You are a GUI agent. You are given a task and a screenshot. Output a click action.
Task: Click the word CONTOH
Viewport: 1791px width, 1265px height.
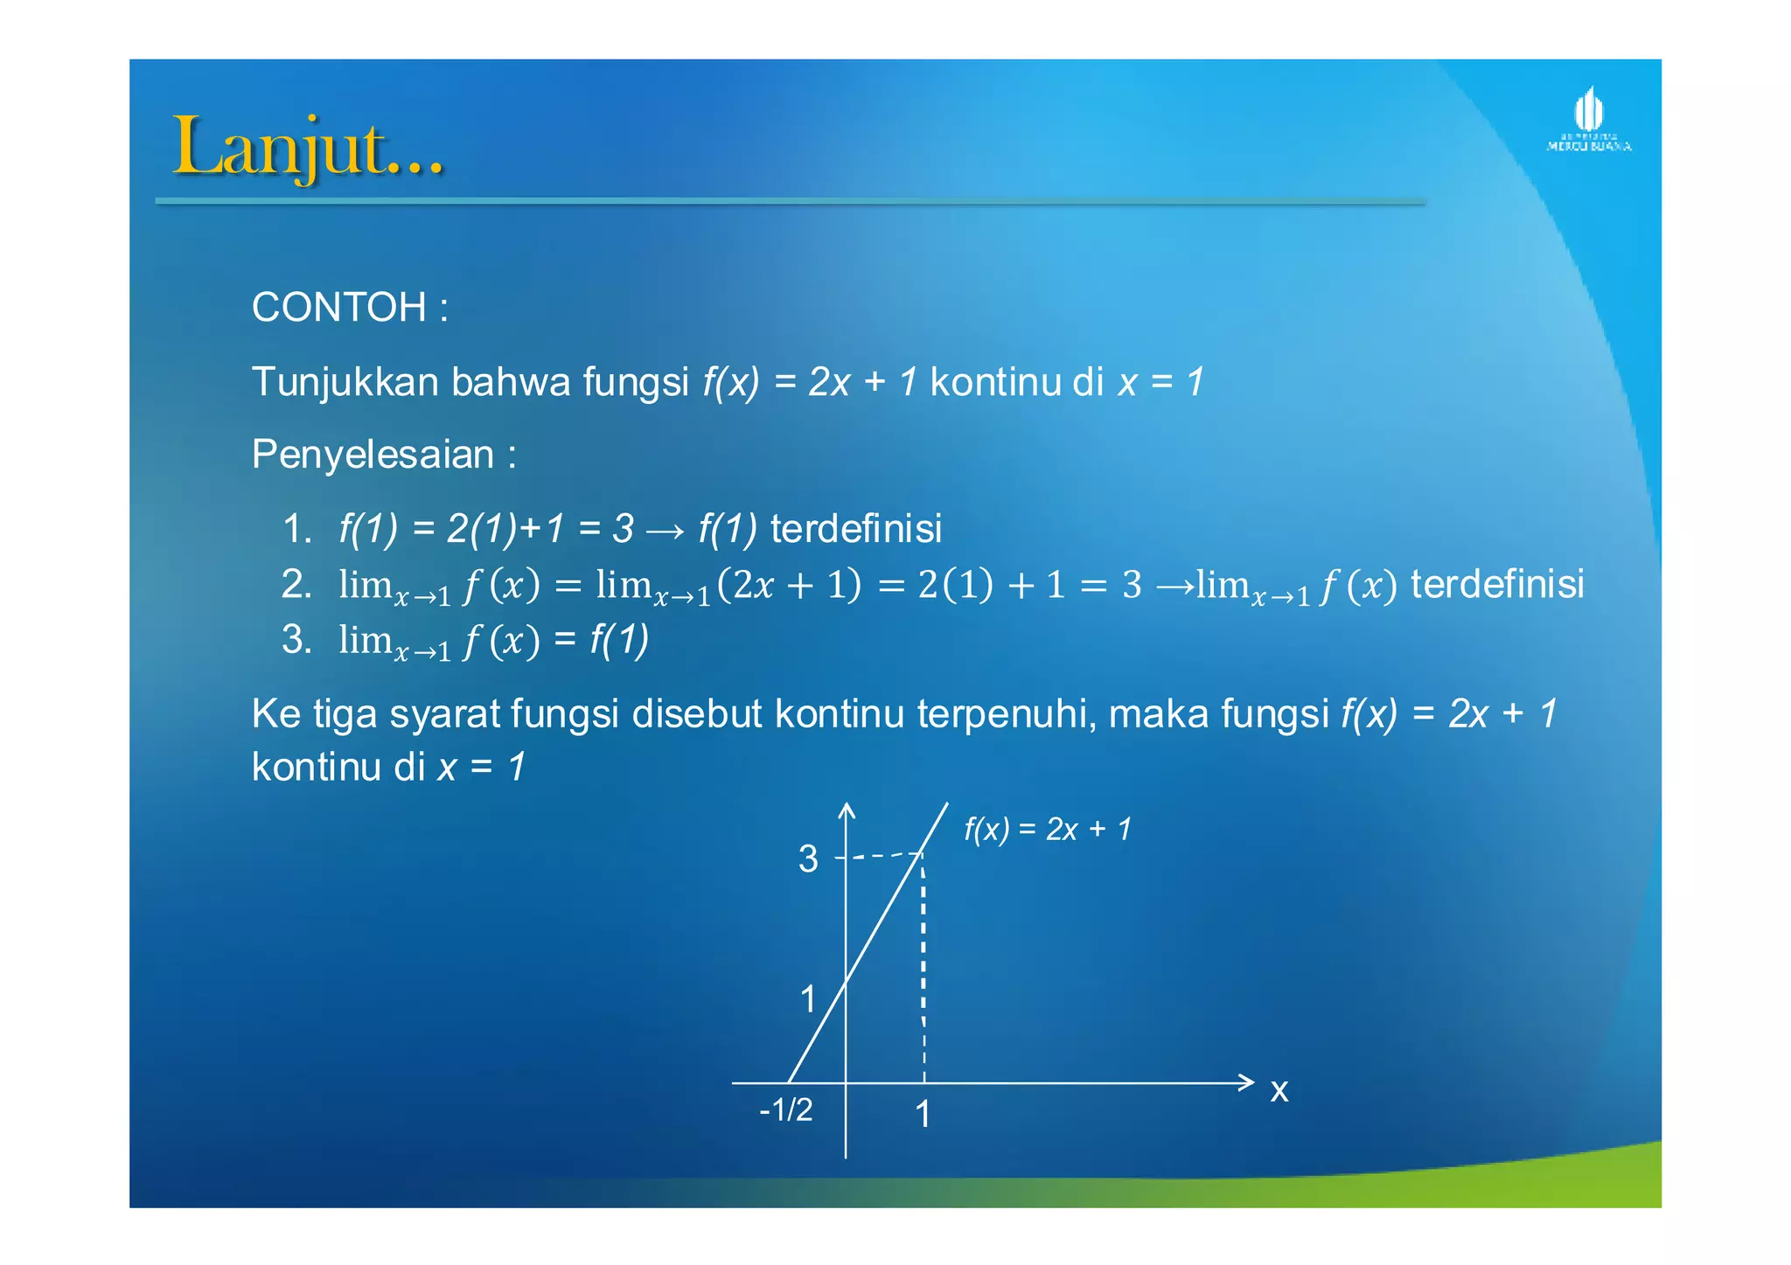[x=339, y=308]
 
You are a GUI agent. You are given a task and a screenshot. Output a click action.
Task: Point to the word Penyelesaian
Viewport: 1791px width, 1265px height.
[x=373, y=455]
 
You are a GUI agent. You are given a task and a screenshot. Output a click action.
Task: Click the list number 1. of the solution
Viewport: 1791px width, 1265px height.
[x=297, y=529]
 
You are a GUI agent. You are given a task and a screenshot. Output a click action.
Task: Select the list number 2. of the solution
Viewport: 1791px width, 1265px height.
[x=297, y=584]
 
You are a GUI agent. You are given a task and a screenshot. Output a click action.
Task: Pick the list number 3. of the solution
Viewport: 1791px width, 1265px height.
[x=297, y=639]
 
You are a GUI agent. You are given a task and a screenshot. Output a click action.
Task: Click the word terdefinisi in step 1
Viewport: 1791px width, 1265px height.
[x=856, y=529]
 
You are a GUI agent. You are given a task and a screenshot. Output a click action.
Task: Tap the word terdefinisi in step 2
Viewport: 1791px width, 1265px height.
[x=1497, y=584]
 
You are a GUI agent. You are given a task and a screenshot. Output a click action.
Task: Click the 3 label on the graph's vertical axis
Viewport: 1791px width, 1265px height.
[x=808, y=859]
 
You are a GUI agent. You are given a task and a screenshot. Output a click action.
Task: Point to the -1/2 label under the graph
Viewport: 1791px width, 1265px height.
[x=786, y=1109]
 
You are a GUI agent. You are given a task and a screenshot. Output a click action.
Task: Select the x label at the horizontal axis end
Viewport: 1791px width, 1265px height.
[x=1279, y=1090]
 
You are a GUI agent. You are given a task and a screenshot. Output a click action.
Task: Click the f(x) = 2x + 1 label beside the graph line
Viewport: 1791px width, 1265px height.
[x=1048, y=829]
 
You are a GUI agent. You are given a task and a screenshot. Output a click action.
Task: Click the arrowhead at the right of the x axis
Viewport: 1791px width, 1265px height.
[x=1248, y=1082]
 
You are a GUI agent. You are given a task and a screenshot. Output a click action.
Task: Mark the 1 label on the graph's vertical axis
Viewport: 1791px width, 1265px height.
[x=808, y=999]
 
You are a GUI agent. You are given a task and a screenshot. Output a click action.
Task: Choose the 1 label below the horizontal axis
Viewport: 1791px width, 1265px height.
[x=923, y=1115]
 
